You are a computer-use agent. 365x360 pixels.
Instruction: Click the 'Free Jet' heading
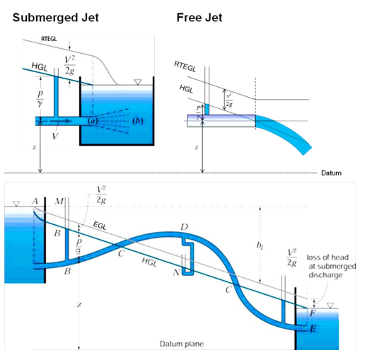pyautogui.click(x=199, y=17)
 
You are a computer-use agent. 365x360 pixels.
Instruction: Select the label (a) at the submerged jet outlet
pyautogui.click(x=92, y=122)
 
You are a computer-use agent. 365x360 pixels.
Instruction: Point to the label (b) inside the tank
pyautogui.click(x=139, y=122)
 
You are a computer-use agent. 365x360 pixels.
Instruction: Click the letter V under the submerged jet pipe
pyautogui.click(x=55, y=135)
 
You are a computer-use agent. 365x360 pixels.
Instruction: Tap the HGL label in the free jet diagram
pyautogui.click(x=186, y=90)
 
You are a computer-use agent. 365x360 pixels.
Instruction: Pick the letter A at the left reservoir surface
pyautogui.click(x=34, y=201)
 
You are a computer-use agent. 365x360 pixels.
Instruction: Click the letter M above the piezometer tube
pyautogui.click(x=59, y=202)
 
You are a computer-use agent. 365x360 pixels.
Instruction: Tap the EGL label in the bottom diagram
pyautogui.click(x=100, y=223)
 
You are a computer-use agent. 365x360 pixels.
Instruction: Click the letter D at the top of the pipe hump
pyautogui.click(x=184, y=226)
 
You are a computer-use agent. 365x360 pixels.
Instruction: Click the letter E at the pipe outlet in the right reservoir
pyautogui.click(x=313, y=330)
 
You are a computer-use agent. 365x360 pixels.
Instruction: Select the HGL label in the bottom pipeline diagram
pyautogui.click(x=149, y=261)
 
